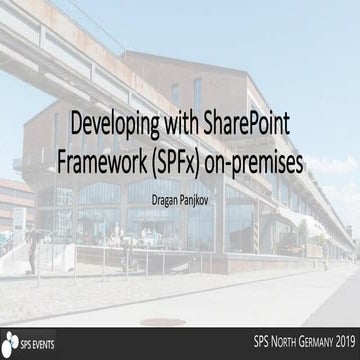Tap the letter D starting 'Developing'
click(x=75, y=128)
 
